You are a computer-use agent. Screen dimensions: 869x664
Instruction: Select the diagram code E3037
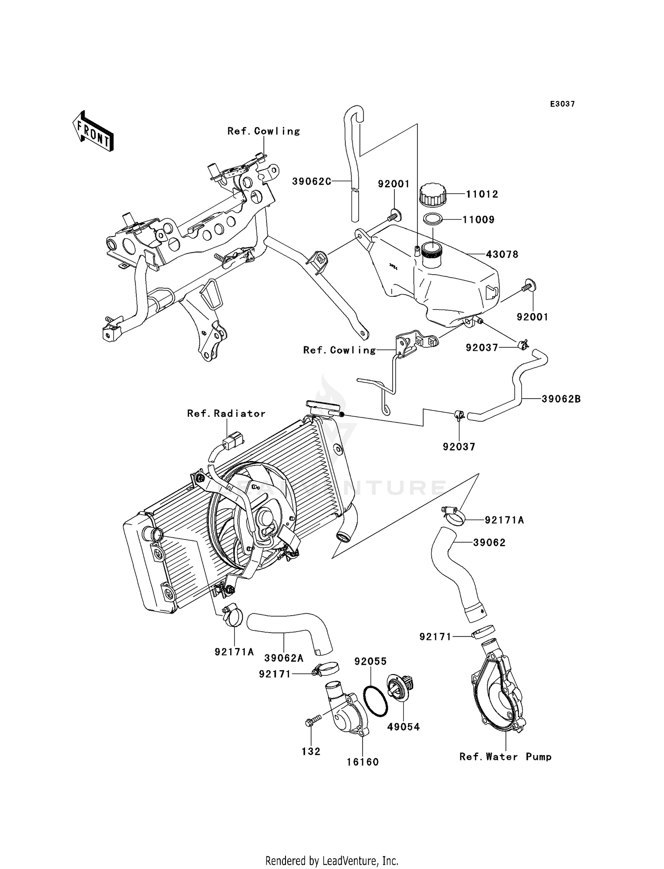[562, 104]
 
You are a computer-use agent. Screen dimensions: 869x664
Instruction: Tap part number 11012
[482, 194]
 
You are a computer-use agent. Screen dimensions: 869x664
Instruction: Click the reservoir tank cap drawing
[432, 194]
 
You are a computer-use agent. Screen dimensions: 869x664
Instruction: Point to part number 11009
[479, 220]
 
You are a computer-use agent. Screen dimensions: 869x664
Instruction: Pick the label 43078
[502, 255]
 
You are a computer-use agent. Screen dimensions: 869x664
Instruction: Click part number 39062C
[311, 181]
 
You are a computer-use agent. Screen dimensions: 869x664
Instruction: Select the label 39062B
[561, 399]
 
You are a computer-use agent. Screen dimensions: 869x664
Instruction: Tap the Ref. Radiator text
[226, 413]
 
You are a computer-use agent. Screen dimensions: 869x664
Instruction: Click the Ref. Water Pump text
[506, 756]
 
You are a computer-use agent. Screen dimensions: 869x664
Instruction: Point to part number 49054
[403, 727]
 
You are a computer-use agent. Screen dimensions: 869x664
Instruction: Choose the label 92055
[371, 661]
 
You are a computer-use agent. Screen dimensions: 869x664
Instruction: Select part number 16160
[363, 762]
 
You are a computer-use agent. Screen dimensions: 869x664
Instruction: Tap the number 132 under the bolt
[311, 751]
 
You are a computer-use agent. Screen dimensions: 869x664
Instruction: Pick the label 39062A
[284, 658]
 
